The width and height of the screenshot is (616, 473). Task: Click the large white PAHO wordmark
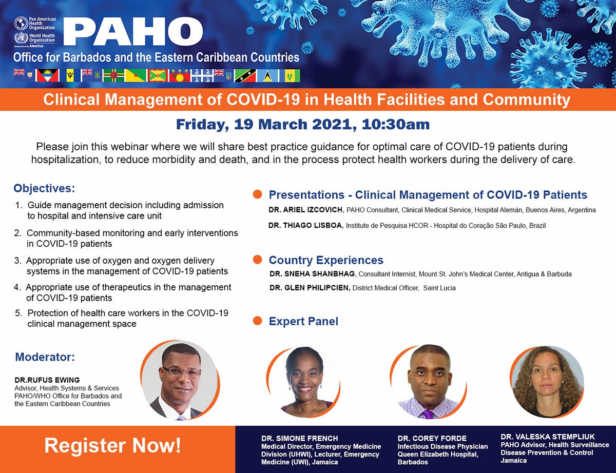(133, 31)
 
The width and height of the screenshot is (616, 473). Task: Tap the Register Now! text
(112, 446)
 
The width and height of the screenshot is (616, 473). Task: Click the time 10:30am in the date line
(396, 124)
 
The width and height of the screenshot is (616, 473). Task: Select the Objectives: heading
(44, 188)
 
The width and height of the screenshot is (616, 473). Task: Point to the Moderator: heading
(45, 357)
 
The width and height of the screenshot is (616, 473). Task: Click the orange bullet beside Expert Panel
(257, 321)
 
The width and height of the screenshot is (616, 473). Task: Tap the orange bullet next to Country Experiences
(257, 260)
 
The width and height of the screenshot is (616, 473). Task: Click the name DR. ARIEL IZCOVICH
(306, 210)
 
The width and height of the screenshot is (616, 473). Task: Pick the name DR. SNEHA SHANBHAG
(313, 274)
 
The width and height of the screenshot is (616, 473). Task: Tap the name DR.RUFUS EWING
(47, 380)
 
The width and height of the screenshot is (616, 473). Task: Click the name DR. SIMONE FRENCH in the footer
(300, 439)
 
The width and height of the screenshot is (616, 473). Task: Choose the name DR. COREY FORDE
(432, 439)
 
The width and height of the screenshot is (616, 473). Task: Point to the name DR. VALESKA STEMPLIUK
(548, 437)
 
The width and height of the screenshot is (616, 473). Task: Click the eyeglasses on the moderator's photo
(180, 371)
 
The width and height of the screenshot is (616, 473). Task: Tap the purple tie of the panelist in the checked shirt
(428, 415)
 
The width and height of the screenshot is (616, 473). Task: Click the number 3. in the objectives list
(18, 261)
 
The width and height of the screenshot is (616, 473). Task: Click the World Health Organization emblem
(21, 38)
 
